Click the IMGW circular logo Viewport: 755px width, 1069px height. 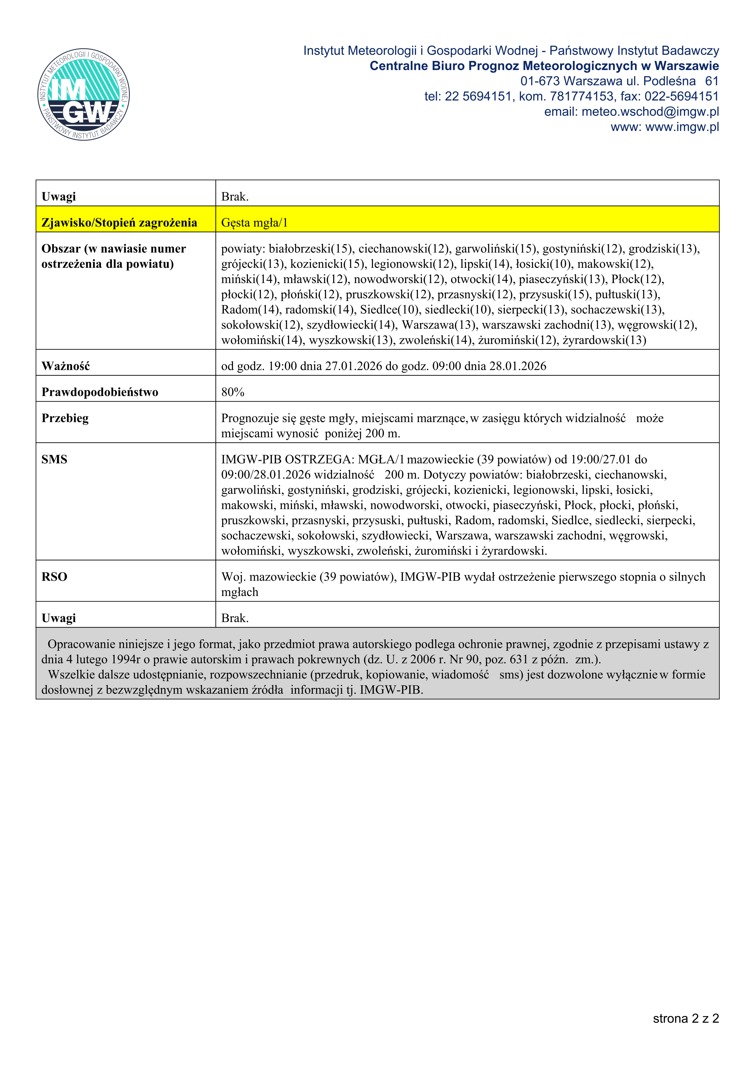84,95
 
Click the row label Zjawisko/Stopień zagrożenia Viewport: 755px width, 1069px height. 119,223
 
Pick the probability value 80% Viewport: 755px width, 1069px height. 233,392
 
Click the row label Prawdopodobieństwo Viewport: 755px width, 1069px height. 100,392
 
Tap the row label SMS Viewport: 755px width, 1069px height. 55,460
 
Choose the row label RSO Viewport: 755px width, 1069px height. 55,577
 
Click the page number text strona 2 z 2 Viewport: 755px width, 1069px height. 686,1019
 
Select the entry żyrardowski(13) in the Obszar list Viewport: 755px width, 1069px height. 604,340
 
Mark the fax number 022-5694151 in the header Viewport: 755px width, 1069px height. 682,96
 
